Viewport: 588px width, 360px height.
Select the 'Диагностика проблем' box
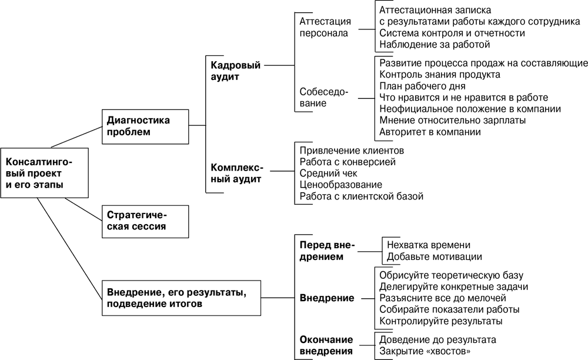point(145,126)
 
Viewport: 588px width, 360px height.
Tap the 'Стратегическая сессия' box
point(145,221)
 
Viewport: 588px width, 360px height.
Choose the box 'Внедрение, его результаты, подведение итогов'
point(181,298)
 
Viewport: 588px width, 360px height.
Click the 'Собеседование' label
point(323,97)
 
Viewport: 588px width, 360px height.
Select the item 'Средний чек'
point(328,173)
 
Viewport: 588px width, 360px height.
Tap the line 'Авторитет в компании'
point(430,132)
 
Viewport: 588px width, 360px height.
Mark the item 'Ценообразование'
point(340,185)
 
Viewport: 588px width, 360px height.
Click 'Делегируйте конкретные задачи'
point(453,286)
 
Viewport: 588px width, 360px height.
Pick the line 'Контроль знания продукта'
point(440,75)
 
